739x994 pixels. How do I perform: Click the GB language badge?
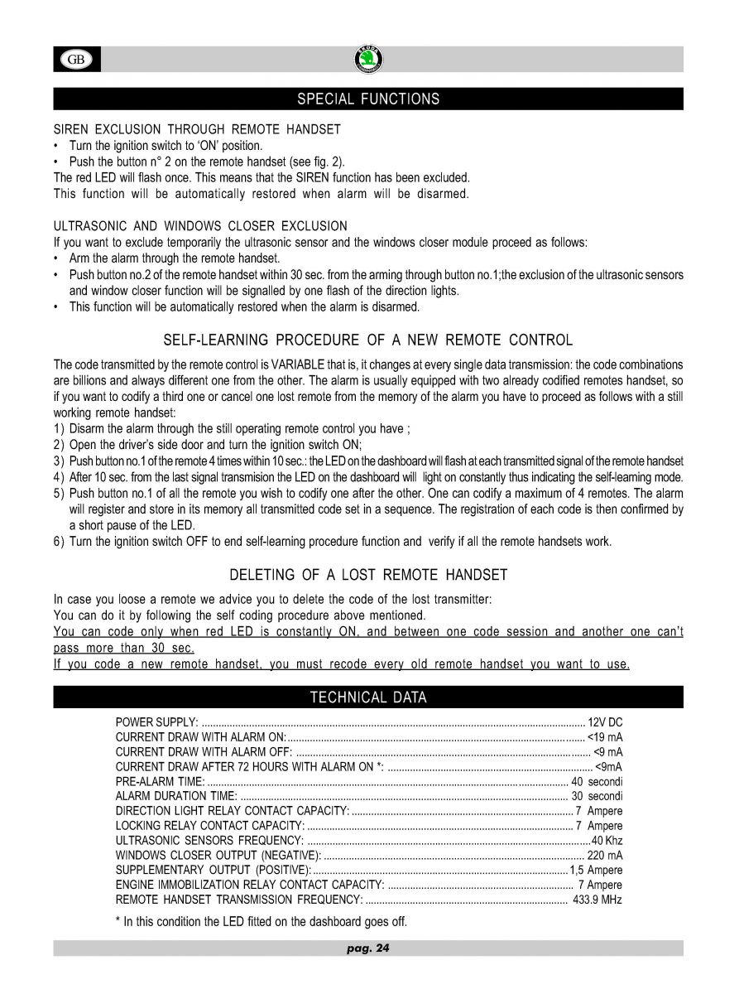(x=77, y=60)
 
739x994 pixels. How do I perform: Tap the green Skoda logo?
(x=368, y=59)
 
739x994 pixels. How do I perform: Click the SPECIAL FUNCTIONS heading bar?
(x=368, y=99)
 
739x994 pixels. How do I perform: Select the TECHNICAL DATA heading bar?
(x=368, y=697)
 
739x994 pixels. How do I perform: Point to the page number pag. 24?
(x=367, y=948)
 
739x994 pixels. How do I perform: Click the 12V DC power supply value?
(x=605, y=721)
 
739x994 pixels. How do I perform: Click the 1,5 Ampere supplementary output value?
(x=596, y=871)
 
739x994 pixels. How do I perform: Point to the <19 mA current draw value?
(x=604, y=736)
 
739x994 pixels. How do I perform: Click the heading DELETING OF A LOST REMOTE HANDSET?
(x=368, y=575)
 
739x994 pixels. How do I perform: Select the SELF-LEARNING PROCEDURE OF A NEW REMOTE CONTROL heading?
(x=368, y=340)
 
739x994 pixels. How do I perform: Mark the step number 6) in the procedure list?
(x=59, y=542)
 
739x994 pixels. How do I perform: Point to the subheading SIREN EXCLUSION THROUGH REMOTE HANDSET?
(x=197, y=130)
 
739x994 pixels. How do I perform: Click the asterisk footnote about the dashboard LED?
(x=261, y=921)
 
